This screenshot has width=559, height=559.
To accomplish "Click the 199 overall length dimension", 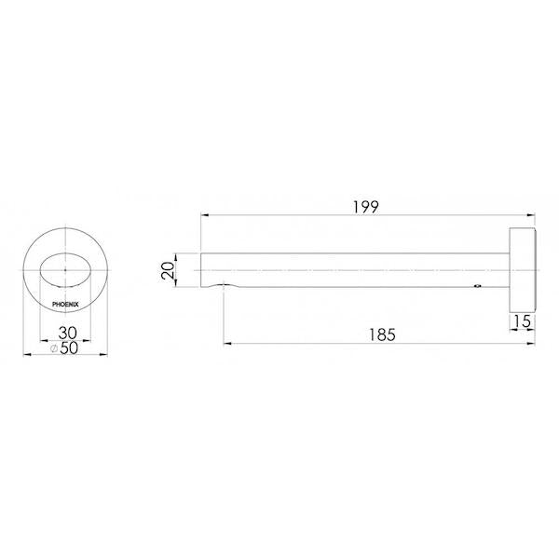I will tap(366, 206).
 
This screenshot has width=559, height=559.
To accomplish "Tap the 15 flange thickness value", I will tap(525, 321).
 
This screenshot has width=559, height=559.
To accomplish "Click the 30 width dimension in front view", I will tap(65, 333).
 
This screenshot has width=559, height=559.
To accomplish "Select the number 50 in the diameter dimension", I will tap(70, 348).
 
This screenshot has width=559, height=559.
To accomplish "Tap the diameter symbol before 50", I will tap(55, 348).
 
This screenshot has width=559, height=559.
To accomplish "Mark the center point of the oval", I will tap(65, 271).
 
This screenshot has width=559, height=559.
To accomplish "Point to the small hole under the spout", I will tap(477, 287).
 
